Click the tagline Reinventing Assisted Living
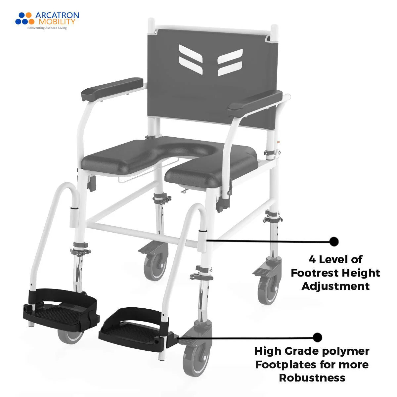47,28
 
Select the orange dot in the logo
29,15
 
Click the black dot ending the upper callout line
334,242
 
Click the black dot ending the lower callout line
317,337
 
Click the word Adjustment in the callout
335,286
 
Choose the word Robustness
312,377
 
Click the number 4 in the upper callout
312,259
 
